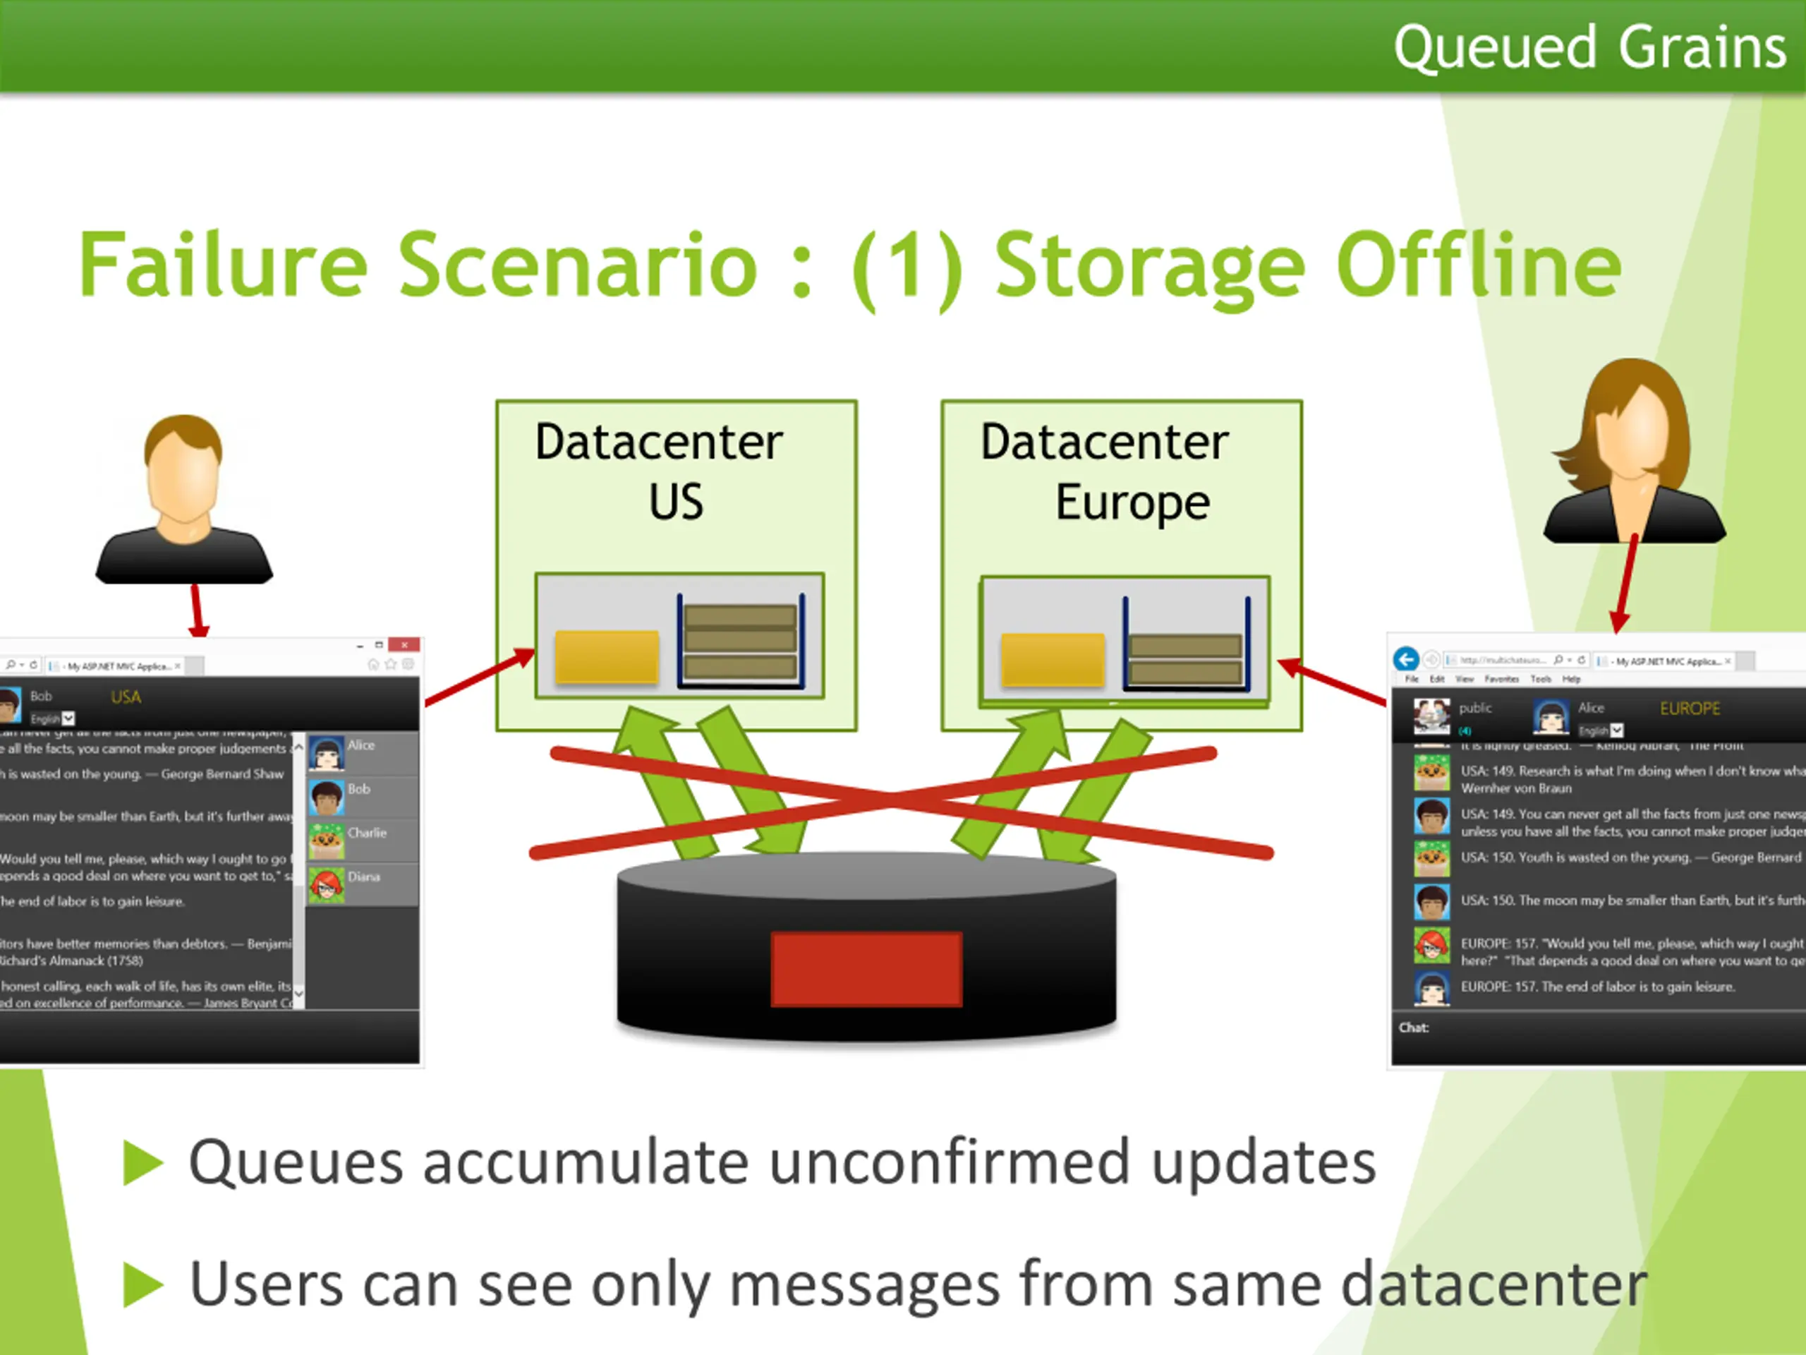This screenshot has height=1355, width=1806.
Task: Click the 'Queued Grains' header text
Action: (x=1589, y=47)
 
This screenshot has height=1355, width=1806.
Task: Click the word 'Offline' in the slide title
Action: (x=1478, y=265)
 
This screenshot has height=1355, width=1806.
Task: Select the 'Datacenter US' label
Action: (x=660, y=471)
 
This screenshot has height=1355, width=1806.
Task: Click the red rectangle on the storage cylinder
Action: (x=866, y=969)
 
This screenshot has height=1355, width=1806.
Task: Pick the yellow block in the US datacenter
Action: (x=607, y=656)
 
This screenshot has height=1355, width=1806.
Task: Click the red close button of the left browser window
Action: (x=404, y=645)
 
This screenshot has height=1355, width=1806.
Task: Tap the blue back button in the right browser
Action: (x=1406, y=659)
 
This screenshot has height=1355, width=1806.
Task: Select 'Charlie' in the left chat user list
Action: (x=367, y=833)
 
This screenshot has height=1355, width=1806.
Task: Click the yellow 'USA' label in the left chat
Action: (x=126, y=697)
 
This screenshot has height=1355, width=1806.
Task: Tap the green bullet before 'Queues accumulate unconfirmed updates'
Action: (x=144, y=1162)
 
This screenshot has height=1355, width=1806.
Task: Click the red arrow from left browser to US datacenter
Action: (x=479, y=677)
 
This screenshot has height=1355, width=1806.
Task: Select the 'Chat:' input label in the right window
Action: (x=1413, y=1028)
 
